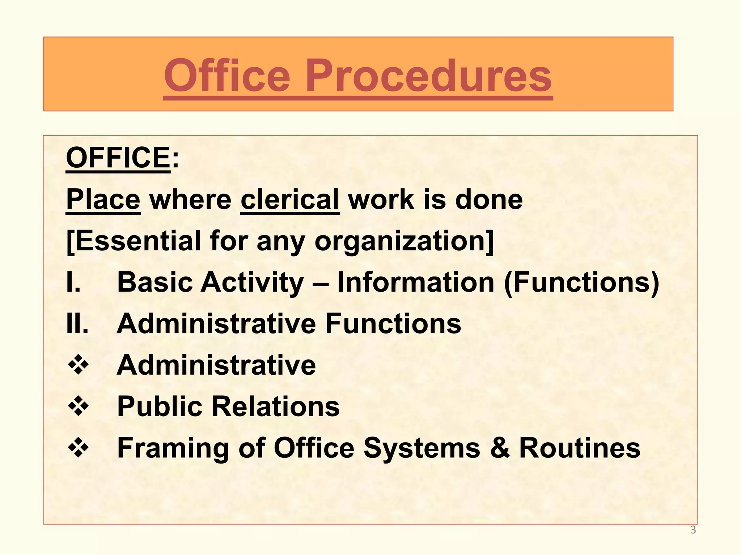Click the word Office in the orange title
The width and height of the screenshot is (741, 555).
(227, 77)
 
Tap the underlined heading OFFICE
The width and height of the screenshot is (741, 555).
(118, 158)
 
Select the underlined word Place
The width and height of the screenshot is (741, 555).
(103, 199)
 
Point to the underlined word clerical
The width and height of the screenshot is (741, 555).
(290, 199)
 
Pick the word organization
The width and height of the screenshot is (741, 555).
(403, 241)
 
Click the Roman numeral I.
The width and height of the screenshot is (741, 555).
(73, 282)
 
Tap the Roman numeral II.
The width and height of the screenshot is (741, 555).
(77, 323)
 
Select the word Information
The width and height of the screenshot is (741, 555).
(416, 282)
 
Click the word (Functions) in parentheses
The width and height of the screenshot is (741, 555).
(581, 282)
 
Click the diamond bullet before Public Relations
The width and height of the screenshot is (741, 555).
(78, 406)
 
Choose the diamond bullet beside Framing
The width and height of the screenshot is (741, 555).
(78, 448)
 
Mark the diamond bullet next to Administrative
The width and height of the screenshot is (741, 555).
(78, 365)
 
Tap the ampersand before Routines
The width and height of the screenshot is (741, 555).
(500, 448)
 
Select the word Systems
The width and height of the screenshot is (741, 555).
(422, 448)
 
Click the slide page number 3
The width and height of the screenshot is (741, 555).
(693, 530)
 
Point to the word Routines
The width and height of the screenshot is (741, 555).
(580, 448)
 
